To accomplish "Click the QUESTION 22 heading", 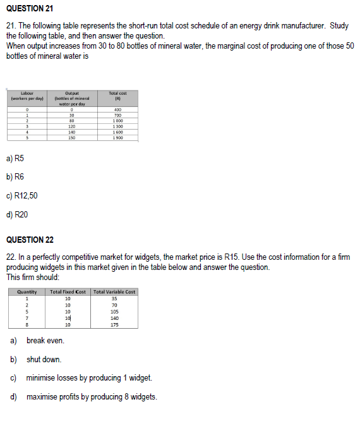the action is pos(30,240).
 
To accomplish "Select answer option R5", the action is pos(16,158).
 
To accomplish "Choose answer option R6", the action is pos(16,177).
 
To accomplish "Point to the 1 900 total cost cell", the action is pos(117,137).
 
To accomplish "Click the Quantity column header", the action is pos(27,292).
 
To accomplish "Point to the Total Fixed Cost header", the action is pos(68,292).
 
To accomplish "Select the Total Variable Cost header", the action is pos(114,292).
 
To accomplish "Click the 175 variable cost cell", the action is pos(114,324).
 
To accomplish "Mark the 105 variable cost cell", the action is pos(114,312).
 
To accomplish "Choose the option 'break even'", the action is pos(45,341).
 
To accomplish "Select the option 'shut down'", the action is pos(44,359).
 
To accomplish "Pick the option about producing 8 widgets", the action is pos(92,397).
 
